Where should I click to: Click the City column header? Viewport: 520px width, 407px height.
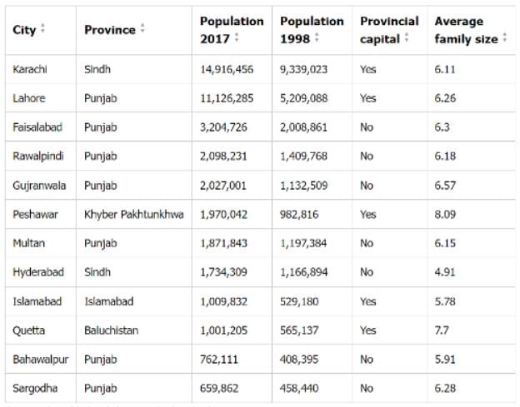point(24,30)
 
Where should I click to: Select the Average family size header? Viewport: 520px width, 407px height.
point(466,30)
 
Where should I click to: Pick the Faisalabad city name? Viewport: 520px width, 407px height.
point(37,127)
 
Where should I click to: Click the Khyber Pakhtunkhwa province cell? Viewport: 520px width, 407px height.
point(136,214)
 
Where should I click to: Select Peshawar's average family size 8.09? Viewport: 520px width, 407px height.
point(447,214)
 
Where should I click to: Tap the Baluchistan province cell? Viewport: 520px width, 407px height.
point(112,330)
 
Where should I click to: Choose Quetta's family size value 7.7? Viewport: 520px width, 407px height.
point(443,330)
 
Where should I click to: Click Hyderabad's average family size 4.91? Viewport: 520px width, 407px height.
point(447,272)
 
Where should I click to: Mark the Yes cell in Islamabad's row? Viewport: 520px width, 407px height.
point(368,301)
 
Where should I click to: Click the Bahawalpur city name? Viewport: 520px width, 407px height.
point(40,359)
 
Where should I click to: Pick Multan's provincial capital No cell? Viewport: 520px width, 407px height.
point(367,243)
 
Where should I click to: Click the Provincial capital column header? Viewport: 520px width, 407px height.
point(389,30)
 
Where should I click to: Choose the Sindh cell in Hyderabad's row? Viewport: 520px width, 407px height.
point(97,272)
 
